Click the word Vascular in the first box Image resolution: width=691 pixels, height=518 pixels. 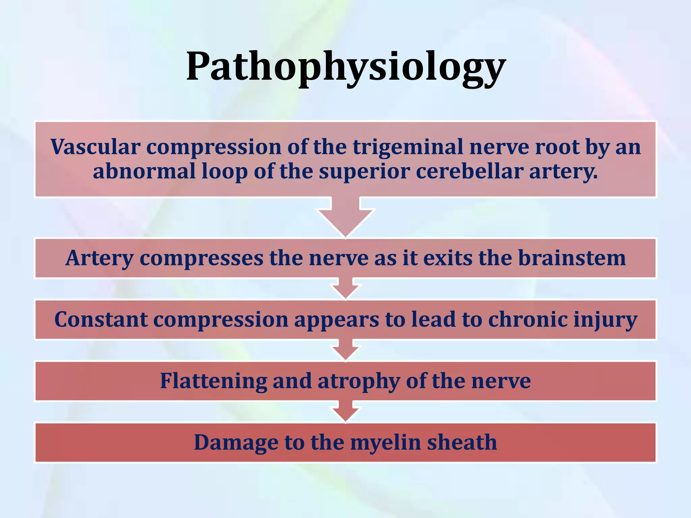[x=95, y=147]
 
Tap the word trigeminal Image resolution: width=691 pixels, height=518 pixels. [x=408, y=147]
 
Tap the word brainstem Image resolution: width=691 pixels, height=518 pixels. [x=572, y=258]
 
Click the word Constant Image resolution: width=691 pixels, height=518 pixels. [x=101, y=320]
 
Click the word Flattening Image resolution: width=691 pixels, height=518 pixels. [x=213, y=381]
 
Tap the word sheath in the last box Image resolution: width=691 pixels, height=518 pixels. [x=462, y=442]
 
